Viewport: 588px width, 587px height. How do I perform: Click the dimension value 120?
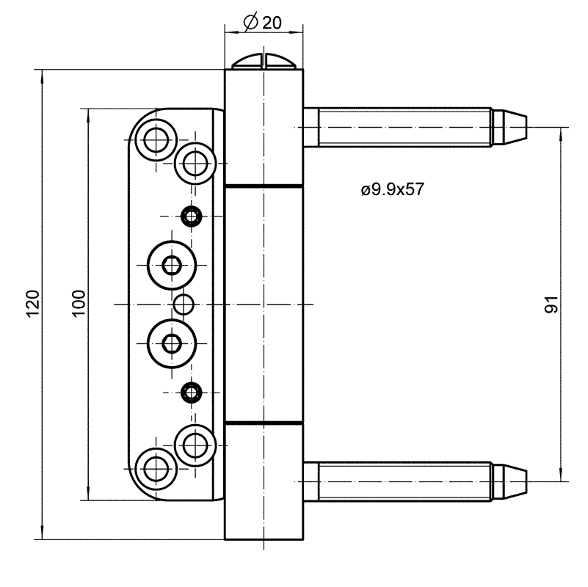pyautogui.click(x=32, y=304)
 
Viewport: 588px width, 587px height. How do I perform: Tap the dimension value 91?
pyautogui.click(x=552, y=304)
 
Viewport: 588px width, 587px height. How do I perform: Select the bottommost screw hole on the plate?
pyautogui.click(x=156, y=467)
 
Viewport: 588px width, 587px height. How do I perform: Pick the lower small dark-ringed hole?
pyautogui.click(x=192, y=392)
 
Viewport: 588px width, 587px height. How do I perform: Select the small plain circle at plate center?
pyautogui.click(x=184, y=303)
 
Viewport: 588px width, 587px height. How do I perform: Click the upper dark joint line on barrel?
pyautogui.click(x=264, y=185)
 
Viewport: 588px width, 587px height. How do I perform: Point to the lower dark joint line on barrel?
pyautogui.click(x=264, y=423)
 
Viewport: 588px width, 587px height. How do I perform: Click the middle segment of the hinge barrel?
pyautogui.click(x=264, y=304)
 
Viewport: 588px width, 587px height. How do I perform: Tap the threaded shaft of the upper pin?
pyautogui.click(x=404, y=126)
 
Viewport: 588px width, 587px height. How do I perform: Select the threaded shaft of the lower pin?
pyautogui.click(x=404, y=481)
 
